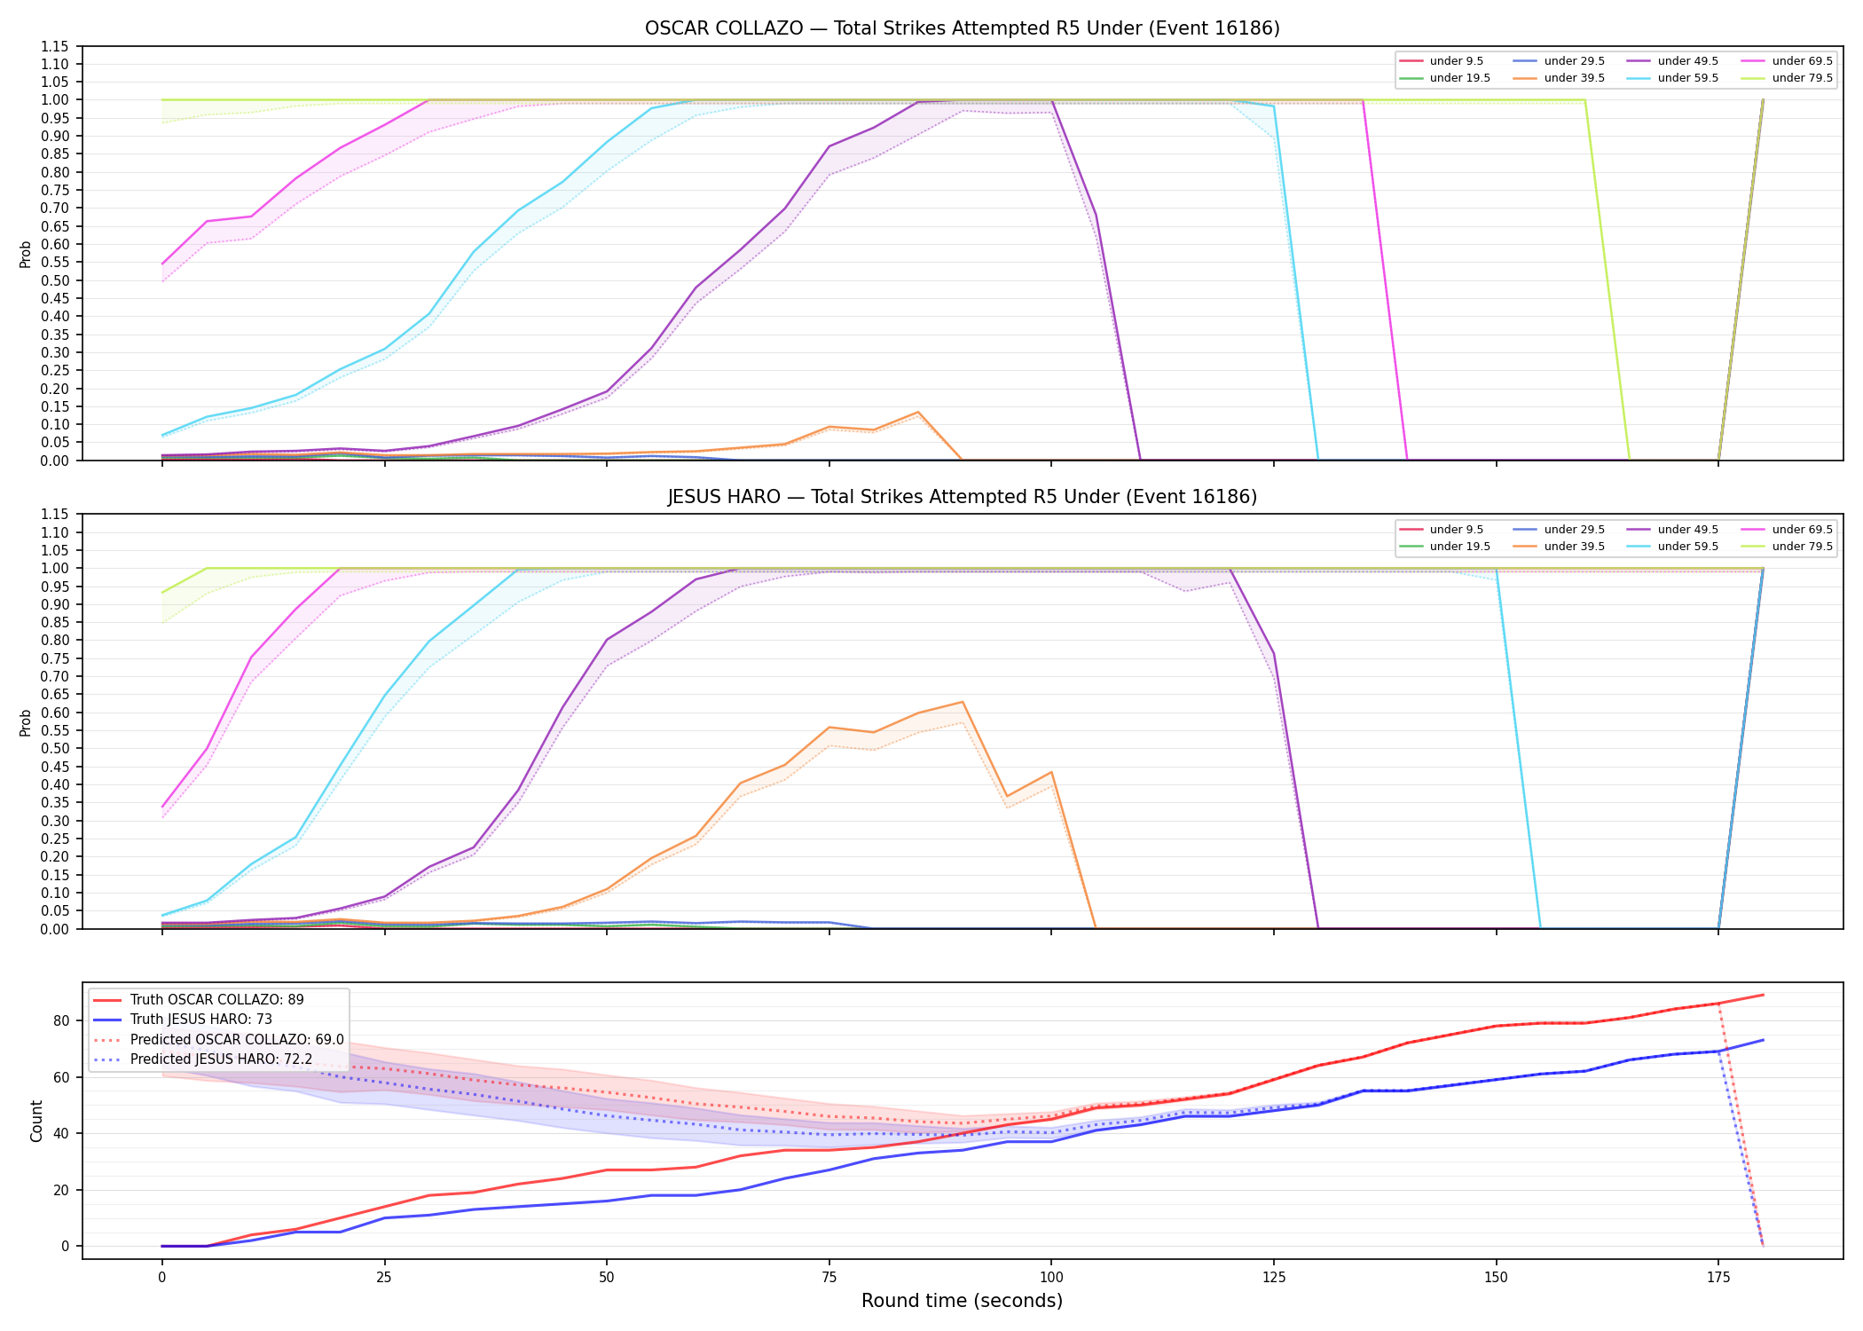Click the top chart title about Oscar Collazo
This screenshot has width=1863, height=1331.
(962, 28)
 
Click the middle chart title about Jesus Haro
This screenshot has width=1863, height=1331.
(962, 497)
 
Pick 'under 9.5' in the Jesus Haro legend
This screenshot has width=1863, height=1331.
(1456, 530)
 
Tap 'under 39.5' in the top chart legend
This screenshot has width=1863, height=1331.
(1574, 78)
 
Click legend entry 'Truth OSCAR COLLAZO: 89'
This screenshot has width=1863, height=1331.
(216, 1000)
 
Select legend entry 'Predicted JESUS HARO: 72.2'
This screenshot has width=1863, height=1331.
(221, 1059)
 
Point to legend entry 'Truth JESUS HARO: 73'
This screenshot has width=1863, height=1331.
(200, 1020)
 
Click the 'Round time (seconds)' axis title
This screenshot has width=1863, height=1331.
(962, 1301)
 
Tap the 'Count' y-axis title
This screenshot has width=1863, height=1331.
(36, 1121)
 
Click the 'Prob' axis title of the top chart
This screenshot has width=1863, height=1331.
(26, 254)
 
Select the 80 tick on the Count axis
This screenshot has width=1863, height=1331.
(61, 1020)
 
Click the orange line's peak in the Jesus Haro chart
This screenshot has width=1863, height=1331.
(963, 702)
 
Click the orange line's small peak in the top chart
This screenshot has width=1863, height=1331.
(918, 412)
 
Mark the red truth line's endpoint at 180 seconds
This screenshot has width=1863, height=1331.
(1763, 995)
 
